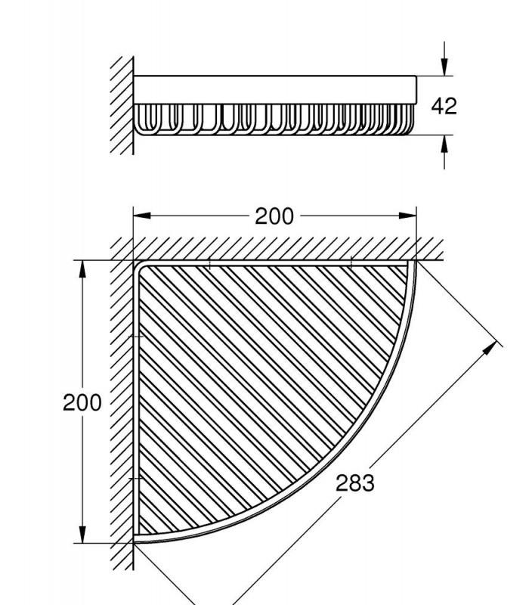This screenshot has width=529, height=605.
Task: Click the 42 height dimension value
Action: point(444,106)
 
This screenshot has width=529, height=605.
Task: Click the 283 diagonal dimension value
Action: point(354,482)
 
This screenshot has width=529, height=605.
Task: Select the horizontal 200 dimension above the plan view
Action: point(274,216)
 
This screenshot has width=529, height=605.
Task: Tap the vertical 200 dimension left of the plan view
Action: point(82,402)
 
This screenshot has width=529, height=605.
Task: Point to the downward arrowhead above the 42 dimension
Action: point(444,67)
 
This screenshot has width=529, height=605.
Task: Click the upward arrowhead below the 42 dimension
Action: point(444,144)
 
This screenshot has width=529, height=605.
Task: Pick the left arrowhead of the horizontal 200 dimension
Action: point(142,216)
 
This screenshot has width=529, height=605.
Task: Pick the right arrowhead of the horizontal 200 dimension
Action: point(407,216)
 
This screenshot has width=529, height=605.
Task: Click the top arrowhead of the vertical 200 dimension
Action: point(82,269)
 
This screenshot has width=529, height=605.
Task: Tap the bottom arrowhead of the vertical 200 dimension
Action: point(82,534)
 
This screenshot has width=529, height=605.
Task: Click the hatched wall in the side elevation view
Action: point(122,105)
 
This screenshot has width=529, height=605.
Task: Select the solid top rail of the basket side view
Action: point(275,89)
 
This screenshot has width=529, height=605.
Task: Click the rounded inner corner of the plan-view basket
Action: point(139,266)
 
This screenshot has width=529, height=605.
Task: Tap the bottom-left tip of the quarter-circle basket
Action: point(135,542)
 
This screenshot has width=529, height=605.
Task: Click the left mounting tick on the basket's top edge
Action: point(209,263)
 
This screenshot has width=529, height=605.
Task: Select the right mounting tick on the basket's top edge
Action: point(351,262)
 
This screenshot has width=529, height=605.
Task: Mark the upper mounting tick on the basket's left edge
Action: point(136,337)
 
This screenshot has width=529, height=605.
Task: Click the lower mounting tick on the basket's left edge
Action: point(136,479)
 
